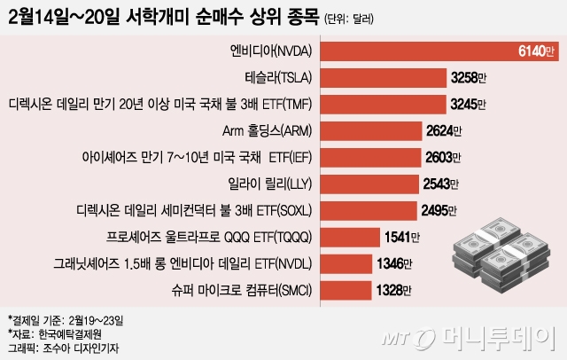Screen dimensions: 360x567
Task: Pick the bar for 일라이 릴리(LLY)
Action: pyautogui.click(x=368, y=184)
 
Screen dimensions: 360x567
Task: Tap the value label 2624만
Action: pyautogui.click(x=445, y=131)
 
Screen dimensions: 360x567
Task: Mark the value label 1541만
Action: pyautogui.click(x=404, y=238)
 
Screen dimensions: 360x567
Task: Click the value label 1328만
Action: pyautogui.click(x=396, y=290)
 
